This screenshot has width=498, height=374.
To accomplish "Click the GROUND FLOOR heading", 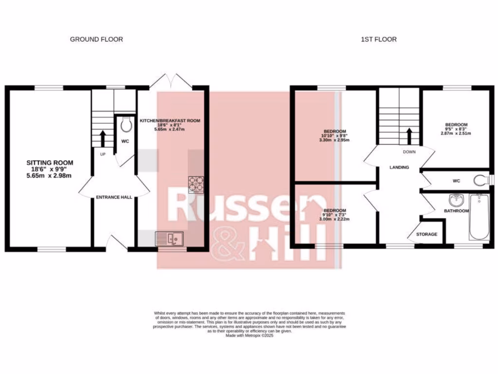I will pyautogui.click(x=96, y=39).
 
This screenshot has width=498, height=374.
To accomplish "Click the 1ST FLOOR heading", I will pyautogui.click(x=378, y=39).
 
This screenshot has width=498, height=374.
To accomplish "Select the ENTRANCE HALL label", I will pyautogui.click(x=114, y=197).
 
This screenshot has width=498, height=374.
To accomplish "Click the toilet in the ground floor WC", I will pyautogui.click(x=125, y=126).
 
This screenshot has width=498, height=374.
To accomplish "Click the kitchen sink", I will pyautogui.click(x=167, y=239).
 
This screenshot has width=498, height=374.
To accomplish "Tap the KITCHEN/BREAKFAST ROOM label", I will pyautogui.click(x=170, y=120).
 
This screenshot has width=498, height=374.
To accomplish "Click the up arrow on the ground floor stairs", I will pyautogui.click(x=103, y=138).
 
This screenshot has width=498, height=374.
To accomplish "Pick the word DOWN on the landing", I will pyautogui.click(x=409, y=151).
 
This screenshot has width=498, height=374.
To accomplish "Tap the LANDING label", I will pyautogui.click(x=399, y=168).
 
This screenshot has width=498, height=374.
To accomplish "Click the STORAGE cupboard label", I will pyautogui.click(x=427, y=234).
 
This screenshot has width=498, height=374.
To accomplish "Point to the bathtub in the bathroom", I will pyautogui.click(x=479, y=216).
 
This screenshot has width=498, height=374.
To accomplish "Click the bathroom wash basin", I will pyautogui.click(x=456, y=200).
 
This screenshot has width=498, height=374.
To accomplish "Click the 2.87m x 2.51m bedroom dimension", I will pyautogui.click(x=456, y=133).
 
